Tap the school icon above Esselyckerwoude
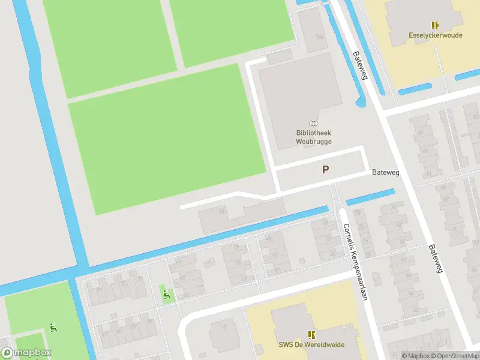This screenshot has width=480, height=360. click(435, 25)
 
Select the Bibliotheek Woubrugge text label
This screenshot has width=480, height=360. click(314, 137)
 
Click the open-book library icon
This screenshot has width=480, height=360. click(314, 123)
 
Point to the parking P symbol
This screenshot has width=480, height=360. click(325, 170)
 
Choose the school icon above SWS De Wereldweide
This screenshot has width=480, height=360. click(311, 334)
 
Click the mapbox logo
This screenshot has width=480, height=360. click(26, 353)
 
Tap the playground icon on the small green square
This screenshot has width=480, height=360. click(166, 294)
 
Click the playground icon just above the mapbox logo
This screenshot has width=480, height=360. click(53, 328)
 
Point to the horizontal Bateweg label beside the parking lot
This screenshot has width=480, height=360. click(385, 172)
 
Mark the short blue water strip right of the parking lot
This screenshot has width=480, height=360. click(370, 197)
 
